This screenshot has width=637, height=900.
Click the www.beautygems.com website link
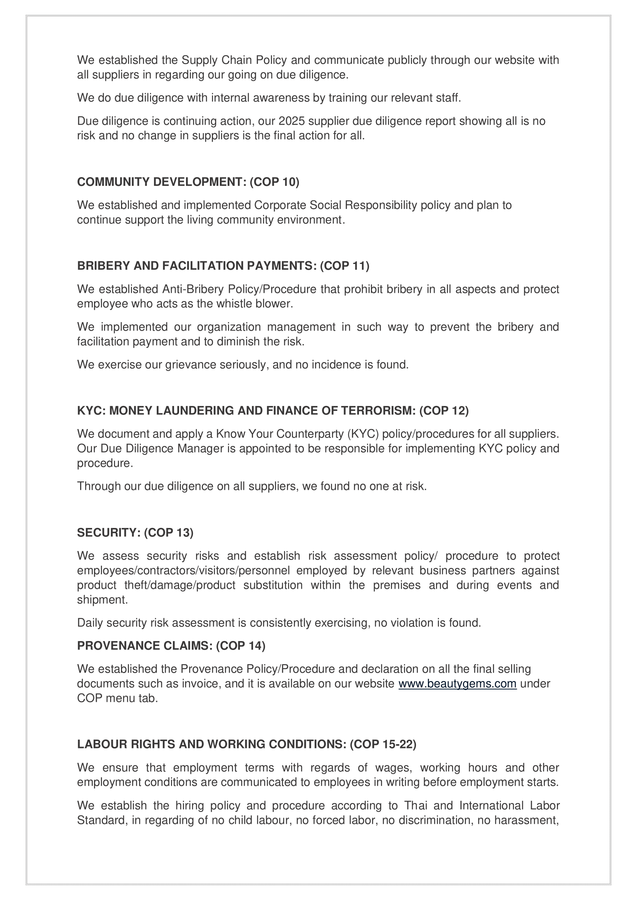pos(458,684)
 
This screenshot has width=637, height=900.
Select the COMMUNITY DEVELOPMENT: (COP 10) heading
pos(188,182)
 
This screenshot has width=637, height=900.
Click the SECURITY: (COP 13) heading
pos(135,533)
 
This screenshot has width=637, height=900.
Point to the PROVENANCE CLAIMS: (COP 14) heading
pos(171,646)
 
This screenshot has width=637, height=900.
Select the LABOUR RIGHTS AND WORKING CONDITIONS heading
pos(246,744)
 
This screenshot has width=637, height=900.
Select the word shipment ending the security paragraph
pos(102,600)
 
